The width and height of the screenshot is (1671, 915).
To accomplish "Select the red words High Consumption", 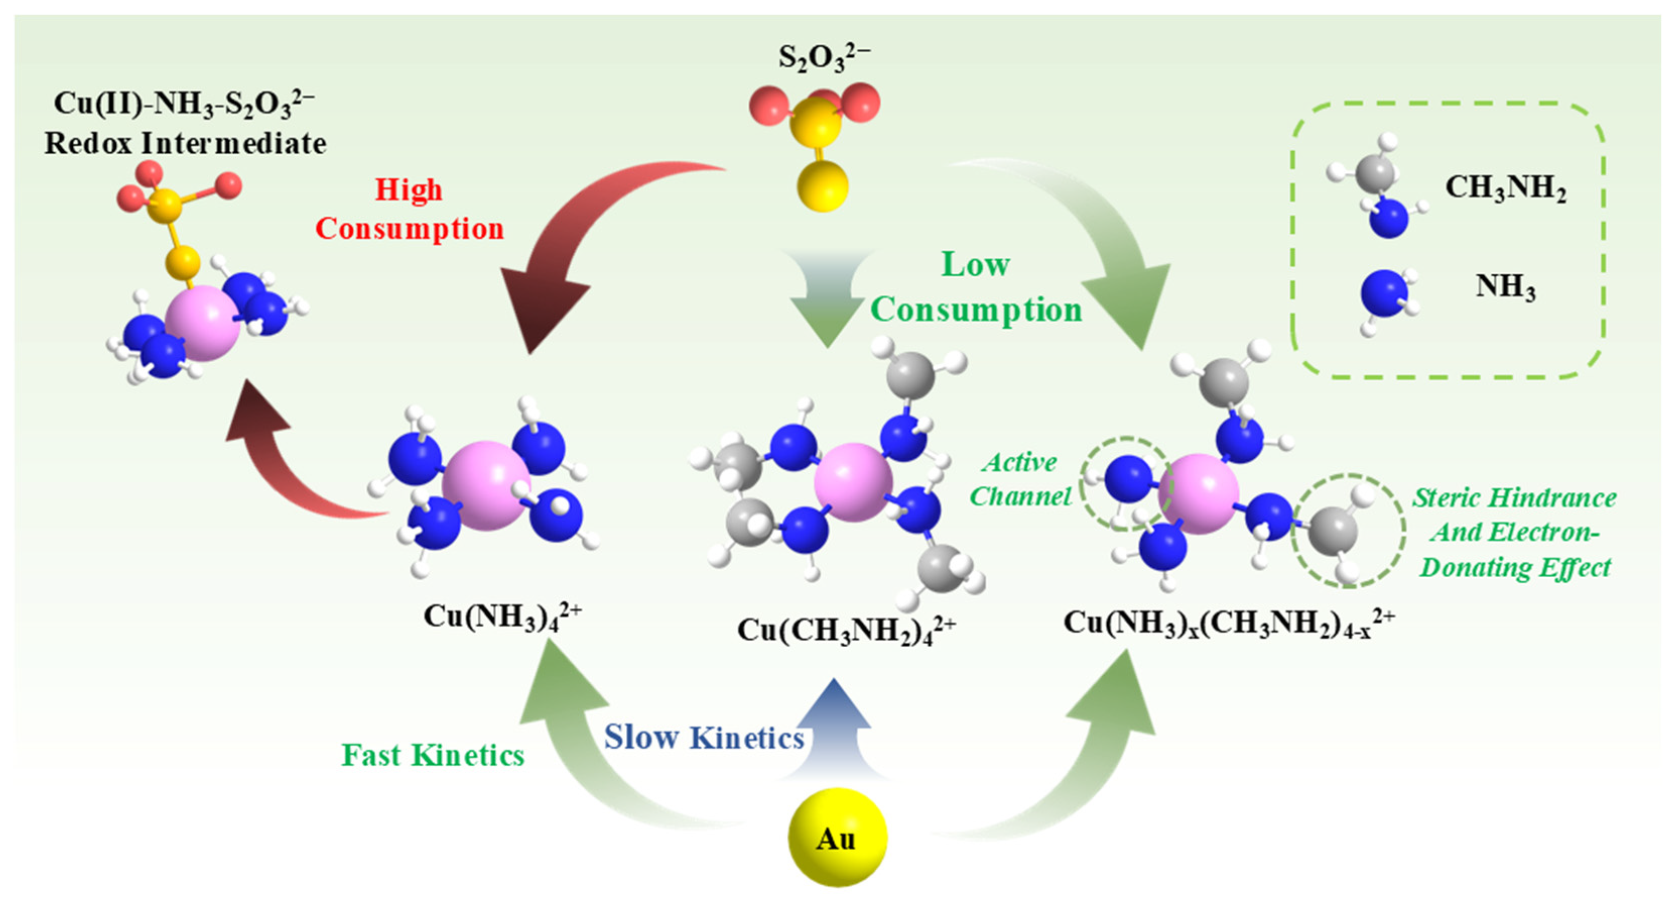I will [410, 209].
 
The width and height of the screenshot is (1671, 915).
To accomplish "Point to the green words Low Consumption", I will [976, 287].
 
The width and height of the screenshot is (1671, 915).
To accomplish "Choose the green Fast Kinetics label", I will [433, 755].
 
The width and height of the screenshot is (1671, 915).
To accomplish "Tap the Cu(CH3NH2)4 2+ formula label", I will [846, 630].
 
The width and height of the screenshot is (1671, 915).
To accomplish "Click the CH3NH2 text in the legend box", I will [1505, 188].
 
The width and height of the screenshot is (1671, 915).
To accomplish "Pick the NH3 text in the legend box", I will [1505, 287].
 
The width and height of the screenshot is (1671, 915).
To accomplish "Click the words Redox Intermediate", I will [185, 143].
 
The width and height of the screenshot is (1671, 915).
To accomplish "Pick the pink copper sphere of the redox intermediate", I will [203, 323].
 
